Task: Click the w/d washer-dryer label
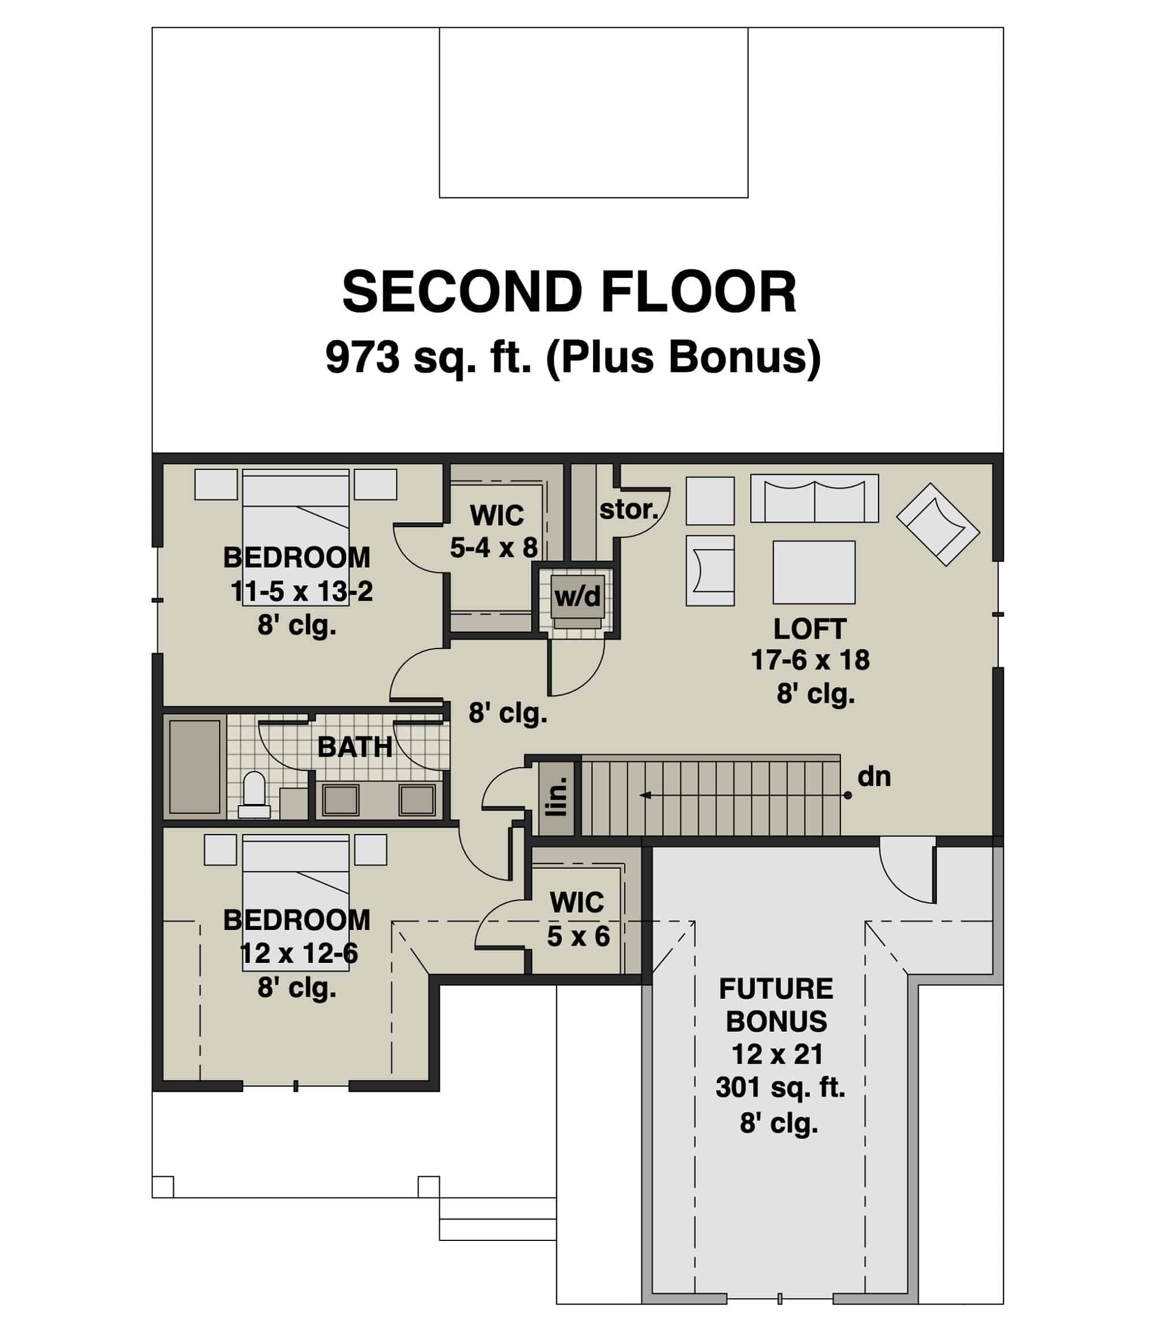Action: (577, 596)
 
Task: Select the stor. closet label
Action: (628, 510)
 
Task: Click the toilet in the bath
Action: (254, 794)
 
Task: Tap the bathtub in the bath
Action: (194, 766)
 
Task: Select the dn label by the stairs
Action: (873, 777)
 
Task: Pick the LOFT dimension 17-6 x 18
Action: (810, 660)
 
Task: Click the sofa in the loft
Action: (814, 499)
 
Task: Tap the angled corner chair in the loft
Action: (938, 524)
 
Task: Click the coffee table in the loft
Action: (813, 572)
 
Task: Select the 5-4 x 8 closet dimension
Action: (494, 548)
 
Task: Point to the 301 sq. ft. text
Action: (780, 1088)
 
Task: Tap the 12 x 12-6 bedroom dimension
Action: (299, 953)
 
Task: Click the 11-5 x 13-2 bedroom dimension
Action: (302, 591)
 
